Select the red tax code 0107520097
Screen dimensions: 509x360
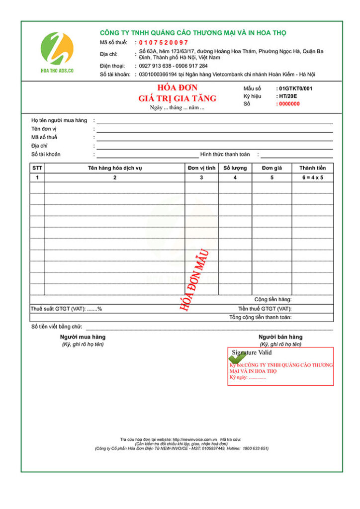tap(164, 42)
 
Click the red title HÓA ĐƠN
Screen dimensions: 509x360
tap(178, 88)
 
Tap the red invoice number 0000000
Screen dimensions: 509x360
tap(289, 104)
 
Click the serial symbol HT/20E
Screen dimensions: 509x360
tap(288, 96)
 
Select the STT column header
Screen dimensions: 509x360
tap(37, 168)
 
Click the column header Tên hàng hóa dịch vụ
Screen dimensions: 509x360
tap(115, 168)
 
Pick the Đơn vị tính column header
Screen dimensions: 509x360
tap(201, 168)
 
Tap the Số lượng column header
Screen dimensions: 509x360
tap(235, 168)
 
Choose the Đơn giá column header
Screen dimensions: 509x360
tap(271, 168)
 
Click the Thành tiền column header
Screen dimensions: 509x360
tap(313, 168)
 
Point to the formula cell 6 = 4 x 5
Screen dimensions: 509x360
tap(313, 177)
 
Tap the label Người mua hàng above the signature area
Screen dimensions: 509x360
tap(82, 337)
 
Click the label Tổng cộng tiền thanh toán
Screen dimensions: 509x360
tap(261, 317)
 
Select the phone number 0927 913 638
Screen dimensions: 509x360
tap(155, 66)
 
